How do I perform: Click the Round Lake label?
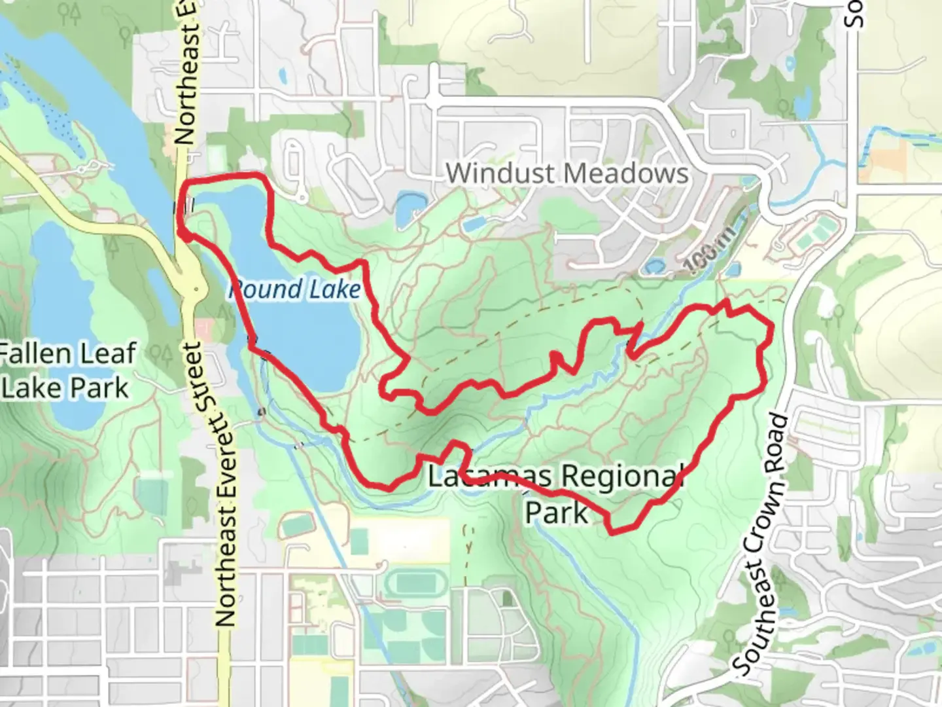click(295, 289)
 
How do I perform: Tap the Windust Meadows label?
click(567, 173)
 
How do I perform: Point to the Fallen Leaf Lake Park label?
click(67, 371)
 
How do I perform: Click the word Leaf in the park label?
click(107, 353)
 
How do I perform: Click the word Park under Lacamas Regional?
click(557, 513)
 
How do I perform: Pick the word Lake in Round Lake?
click(334, 289)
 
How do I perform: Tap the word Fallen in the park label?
click(33, 353)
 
